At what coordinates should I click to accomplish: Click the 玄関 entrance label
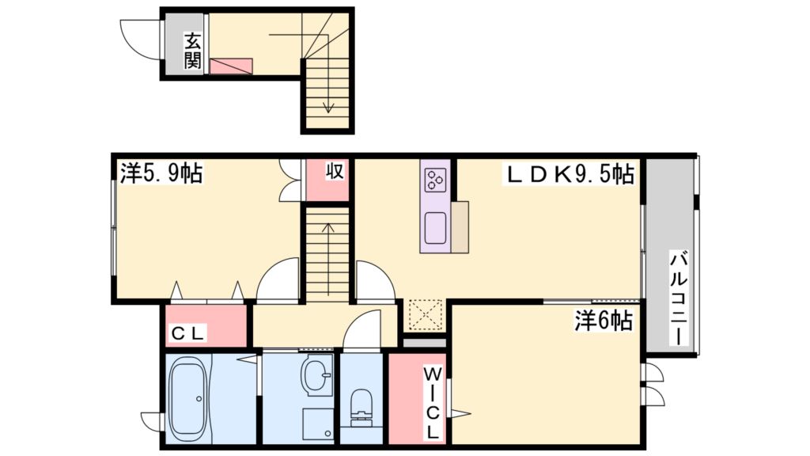tap(193, 50)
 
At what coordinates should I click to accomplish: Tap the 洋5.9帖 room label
tap(161, 173)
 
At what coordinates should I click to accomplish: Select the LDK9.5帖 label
tap(570, 173)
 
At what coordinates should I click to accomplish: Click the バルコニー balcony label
tap(678, 297)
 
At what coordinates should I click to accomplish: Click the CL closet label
tap(188, 334)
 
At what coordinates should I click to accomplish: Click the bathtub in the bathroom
tap(188, 400)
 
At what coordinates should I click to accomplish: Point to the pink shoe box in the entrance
tap(231, 66)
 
